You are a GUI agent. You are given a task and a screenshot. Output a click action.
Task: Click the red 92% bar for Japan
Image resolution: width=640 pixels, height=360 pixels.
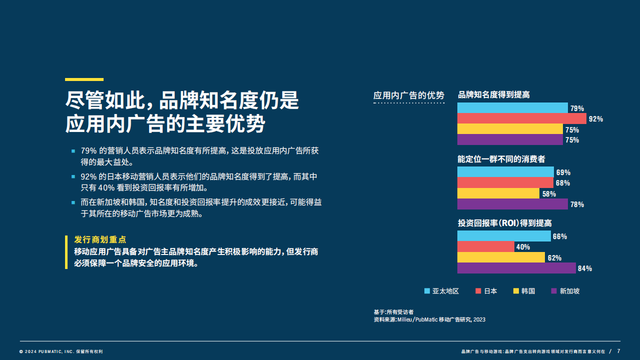pyautogui.click(x=522, y=118)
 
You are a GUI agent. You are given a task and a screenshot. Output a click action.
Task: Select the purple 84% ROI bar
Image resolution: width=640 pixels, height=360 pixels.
pyautogui.click(x=516, y=268)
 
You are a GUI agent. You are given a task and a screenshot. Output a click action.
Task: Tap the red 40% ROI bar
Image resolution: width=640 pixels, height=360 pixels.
pyautogui.click(x=486, y=246)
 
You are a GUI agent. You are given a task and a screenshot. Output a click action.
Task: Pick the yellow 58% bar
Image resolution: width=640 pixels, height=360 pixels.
pyautogui.click(x=498, y=193)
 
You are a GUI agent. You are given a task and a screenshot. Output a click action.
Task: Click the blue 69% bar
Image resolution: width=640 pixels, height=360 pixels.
pyautogui.click(x=505, y=172)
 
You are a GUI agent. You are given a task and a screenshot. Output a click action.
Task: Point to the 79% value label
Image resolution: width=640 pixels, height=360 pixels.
pyautogui.click(x=577, y=108)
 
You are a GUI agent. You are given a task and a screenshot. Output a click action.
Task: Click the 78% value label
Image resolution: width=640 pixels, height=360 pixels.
pyautogui.click(x=577, y=204)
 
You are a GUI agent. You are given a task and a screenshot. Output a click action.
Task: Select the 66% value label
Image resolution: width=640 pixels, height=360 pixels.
pyautogui.click(x=560, y=236)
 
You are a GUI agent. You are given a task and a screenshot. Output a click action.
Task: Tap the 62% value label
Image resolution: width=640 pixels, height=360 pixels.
pyautogui.click(x=554, y=258)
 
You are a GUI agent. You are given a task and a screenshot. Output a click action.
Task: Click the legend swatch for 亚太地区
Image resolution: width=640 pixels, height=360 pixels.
pyautogui.click(x=427, y=291)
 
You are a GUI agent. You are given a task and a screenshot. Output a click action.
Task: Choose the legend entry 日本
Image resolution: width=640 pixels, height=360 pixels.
pyautogui.click(x=486, y=291)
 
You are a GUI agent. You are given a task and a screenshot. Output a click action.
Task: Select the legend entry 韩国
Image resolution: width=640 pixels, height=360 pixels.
pyautogui.click(x=524, y=291)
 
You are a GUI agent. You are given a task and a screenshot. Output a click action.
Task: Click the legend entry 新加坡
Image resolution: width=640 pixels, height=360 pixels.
pyautogui.click(x=565, y=291)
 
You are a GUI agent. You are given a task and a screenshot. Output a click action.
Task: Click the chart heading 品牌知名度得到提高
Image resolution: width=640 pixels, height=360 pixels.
pyautogui.click(x=494, y=94)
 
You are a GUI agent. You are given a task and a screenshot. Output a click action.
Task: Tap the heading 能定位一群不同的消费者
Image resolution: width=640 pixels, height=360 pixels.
pyautogui.click(x=501, y=159)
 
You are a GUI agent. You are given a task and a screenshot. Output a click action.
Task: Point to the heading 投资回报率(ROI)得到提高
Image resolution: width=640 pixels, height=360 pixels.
pyautogui.click(x=504, y=223)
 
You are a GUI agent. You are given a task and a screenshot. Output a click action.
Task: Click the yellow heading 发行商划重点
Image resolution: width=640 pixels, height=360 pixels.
pyautogui.click(x=100, y=239)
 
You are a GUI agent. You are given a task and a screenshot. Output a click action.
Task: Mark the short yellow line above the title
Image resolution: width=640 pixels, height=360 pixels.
pyautogui.click(x=84, y=79)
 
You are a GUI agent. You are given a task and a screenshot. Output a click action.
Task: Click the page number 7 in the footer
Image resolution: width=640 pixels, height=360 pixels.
pyautogui.click(x=618, y=351)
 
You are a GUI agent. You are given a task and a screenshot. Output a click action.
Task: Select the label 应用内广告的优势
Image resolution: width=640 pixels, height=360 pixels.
pyautogui.click(x=409, y=95)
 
